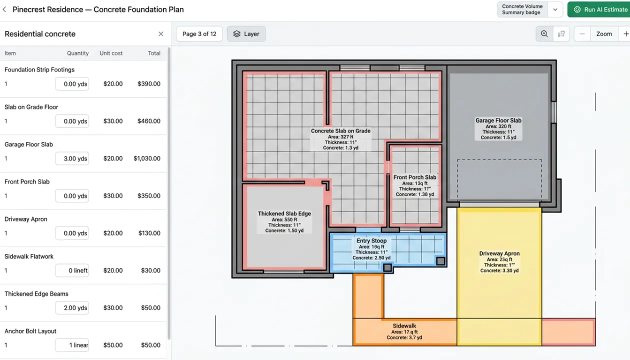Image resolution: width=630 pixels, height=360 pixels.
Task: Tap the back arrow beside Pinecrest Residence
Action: pos(4,9)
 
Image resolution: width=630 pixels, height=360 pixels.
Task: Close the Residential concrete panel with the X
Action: pos(160,34)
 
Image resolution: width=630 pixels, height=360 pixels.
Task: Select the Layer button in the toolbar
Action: pos(246,34)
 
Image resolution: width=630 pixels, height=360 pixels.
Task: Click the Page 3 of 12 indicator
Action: pos(199,34)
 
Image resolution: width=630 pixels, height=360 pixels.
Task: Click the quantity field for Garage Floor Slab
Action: pos(72,158)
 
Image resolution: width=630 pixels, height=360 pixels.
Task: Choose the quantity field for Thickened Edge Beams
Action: pos(72,308)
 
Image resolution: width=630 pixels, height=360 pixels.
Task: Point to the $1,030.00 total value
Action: pos(147,158)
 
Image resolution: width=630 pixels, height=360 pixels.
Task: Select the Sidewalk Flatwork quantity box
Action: pos(72,270)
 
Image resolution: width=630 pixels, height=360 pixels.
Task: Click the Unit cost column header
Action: pos(111,53)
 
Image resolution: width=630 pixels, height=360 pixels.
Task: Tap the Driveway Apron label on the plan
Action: pos(499,253)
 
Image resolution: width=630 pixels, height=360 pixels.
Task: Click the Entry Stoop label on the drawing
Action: pos(371,241)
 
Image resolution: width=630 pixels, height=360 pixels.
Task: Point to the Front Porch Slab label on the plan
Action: pos(414,177)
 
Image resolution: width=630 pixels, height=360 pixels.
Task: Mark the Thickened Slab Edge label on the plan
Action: pos(284,213)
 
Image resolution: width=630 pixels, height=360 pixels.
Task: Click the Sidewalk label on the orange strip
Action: pos(404,326)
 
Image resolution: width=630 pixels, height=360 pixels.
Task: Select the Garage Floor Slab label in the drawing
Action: pos(498,120)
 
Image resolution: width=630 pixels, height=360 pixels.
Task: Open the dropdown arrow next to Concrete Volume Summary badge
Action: pos(555,9)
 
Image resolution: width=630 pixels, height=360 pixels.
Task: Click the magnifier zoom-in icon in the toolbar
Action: pos(544,34)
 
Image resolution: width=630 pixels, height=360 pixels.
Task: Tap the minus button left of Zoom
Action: pos(582,34)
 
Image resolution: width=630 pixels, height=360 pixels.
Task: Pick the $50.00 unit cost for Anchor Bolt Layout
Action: pos(113,345)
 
